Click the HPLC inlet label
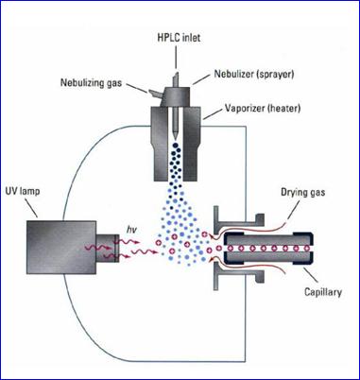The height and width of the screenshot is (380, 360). pyautogui.click(x=179, y=38)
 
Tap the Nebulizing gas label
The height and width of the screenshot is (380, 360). pyautogui.click(x=91, y=83)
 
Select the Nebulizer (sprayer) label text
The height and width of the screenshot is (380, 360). pyautogui.click(x=254, y=74)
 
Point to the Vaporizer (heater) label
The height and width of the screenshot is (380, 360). pyautogui.click(x=263, y=109)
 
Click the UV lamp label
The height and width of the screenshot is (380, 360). pyautogui.click(x=23, y=191)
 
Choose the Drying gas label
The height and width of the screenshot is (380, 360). pyautogui.click(x=302, y=192)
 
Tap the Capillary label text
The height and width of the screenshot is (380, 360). pyautogui.click(x=323, y=292)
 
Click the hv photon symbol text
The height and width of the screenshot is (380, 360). pyautogui.click(x=131, y=231)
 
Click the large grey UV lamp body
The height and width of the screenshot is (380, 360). pyautogui.click(x=61, y=248)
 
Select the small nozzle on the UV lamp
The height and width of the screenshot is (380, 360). pyautogui.click(x=108, y=248)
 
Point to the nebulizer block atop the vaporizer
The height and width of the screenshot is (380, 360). pyautogui.click(x=176, y=96)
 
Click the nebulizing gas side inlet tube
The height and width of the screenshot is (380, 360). pyautogui.click(x=156, y=94)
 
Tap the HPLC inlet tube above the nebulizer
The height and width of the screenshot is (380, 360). pyautogui.click(x=176, y=80)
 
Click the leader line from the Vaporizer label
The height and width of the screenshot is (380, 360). pyautogui.click(x=214, y=113)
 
